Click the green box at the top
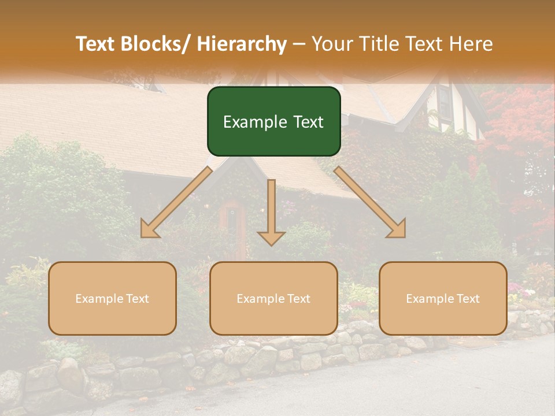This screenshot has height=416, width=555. (x=273, y=121)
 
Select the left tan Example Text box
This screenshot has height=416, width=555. (x=112, y=298)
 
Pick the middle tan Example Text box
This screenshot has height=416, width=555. (x=273, y=298)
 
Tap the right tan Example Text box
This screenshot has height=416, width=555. (x=443, y=298)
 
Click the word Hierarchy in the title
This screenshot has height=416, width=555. (x=242, y=44)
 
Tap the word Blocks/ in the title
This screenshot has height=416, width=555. (x=155, y=44)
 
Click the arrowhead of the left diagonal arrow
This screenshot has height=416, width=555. (x=149, y=230)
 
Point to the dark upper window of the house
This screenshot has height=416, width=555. (x=445, y=103)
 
